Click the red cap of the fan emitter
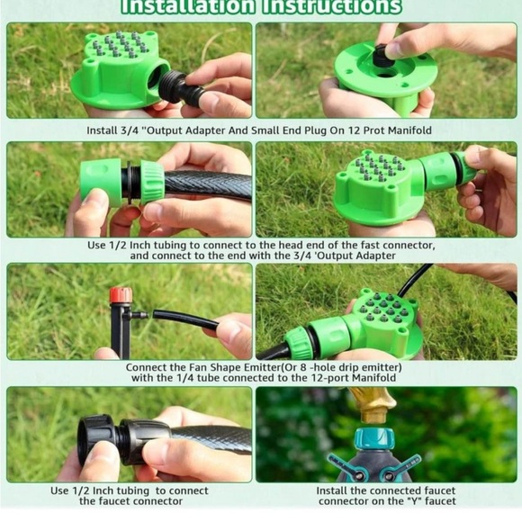[121, 295]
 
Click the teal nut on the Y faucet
[374, 440]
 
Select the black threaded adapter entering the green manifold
[174, 86]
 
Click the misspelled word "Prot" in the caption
[373, 130]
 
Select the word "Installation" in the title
[188, 6]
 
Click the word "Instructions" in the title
[331, 6]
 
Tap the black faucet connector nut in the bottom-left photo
[97, 439]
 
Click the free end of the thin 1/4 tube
[155, 313]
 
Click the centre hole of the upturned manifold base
[385, 73]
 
